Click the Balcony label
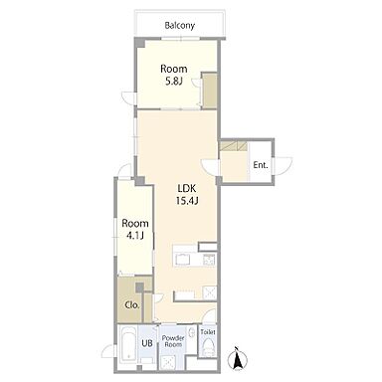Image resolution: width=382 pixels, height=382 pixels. pyautogui.click(x=180, y=26)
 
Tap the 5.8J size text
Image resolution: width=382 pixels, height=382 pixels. pyautogui.click(x=174, y=81)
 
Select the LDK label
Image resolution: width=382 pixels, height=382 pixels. pyautogui.click(x=187, y=189)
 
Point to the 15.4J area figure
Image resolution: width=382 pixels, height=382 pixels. pyautogui.click(x=187, y=201)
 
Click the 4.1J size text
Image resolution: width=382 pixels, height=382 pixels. pyautogui.click(x=135, y=235)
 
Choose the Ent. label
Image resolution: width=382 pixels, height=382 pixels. pyautogui.click(x=261, y=165)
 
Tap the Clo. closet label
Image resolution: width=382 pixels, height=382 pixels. pyautogui.click(x=132, y=305)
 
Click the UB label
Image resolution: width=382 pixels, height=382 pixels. pyautogui.click(x=147, y=343)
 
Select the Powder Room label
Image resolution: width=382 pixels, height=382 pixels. pyautogui.click(x=173, y=341)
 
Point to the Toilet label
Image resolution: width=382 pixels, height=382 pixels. pyautogui.click(x=208, y=332)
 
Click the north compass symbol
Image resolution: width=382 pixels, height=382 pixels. pyautogui.click(x=238, y=359)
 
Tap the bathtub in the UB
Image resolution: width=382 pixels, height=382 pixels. pyautogui.click(x=127, y=345)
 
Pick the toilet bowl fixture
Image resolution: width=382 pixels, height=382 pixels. pyautogui.click(x=209, y=347)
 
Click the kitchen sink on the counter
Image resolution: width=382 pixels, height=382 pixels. pyautogui.click(x=183, y=259)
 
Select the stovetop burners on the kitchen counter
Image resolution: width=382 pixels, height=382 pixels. pyautogui.click(x=209, y=259)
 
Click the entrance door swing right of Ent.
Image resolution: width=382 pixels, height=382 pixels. pyautogui.click(x=284, y=165)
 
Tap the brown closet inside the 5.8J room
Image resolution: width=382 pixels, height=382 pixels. pyautogui.click(x=209, y=91)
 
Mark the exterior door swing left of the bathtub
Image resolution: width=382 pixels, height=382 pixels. pyautogui.click(x=108, y=351)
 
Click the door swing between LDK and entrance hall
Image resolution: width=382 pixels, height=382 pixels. pyautogui.click(x=211, y=168)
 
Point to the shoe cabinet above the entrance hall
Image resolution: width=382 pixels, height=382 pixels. pyautogui.click(x=234, y=146)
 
